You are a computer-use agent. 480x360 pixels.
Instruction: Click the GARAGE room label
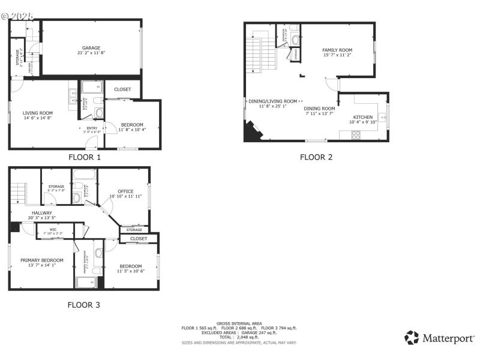91,48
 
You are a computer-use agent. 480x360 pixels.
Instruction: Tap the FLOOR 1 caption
84,158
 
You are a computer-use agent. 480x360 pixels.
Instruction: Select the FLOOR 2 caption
316,157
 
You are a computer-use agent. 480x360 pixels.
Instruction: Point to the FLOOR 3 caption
83,305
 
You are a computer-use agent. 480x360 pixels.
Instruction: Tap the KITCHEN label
363,118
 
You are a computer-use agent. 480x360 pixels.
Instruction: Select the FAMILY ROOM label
337,50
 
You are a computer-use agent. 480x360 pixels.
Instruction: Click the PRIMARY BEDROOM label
42,260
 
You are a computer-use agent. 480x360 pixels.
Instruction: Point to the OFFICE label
125,191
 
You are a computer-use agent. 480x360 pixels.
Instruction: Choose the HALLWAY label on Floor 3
42,212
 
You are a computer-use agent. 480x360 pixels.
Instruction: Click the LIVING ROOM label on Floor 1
38,113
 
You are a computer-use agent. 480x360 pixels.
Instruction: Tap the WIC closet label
53,229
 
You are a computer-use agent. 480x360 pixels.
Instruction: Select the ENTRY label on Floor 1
92,128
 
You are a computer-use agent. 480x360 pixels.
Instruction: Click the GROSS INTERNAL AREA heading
239,323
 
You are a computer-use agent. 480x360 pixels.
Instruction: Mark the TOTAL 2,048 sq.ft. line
239,337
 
